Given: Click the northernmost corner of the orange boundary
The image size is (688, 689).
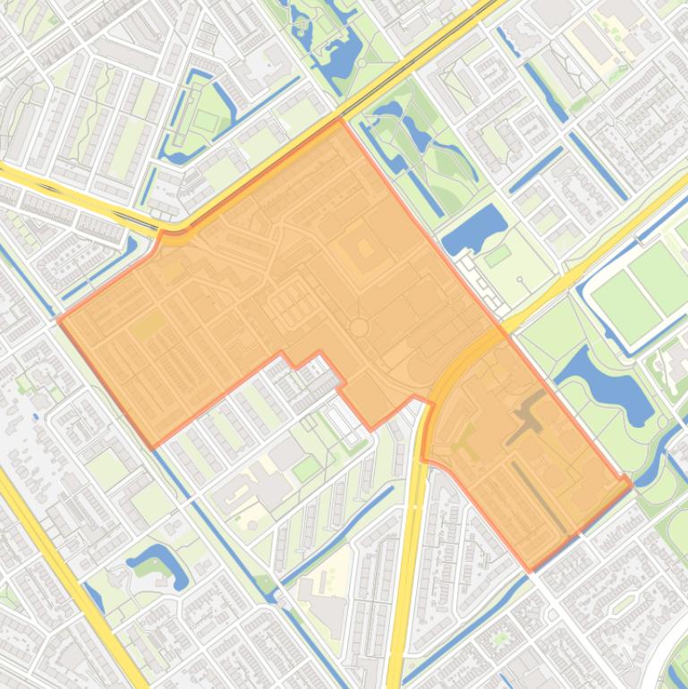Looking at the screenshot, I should click(339, 119).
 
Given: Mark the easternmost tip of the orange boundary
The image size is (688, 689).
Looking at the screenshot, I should click(631, 484).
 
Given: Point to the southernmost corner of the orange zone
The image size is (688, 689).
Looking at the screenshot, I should click(530, 570).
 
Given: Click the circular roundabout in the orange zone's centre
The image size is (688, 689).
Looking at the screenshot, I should click(359, 327).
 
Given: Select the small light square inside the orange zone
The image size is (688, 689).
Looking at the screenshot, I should click(365, 248).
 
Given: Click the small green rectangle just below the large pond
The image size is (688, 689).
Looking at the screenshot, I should click(497, 259).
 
